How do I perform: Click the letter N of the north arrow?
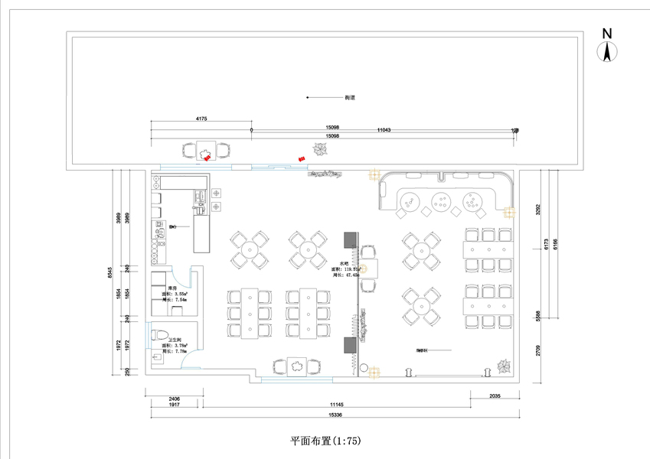pyautogui.click(x=606, y=34)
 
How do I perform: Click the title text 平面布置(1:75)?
pyautogui.click(x=325, y=441)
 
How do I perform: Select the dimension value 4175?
pyautogui.click(x=202, y=119)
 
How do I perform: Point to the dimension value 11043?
pyautogui.click(x=384, y=130)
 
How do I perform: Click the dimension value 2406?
pyautogui.click(x=175, y=399)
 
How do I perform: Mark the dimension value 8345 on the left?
pyautogui.click(x=110, y=272)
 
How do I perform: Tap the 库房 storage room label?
pyautogui.click(x=173, y=288)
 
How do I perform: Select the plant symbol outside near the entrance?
pyautogui.click(x=317, y=151)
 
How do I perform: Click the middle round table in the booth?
pyautogui.click(x=442, y=202)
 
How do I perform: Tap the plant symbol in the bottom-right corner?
pyautogui.click(x=503, y=367)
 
